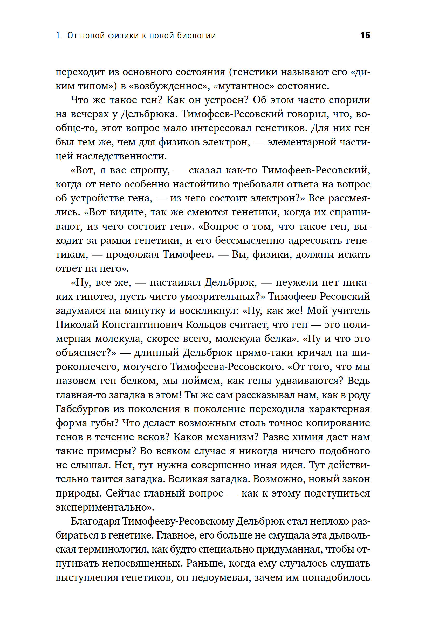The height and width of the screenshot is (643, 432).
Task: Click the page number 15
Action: tap(365, 36)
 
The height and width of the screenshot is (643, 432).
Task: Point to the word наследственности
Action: tap(121, 156)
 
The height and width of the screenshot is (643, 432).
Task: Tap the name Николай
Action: tap(77, 325)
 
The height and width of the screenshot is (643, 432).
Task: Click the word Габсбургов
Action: tap(83, 409)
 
